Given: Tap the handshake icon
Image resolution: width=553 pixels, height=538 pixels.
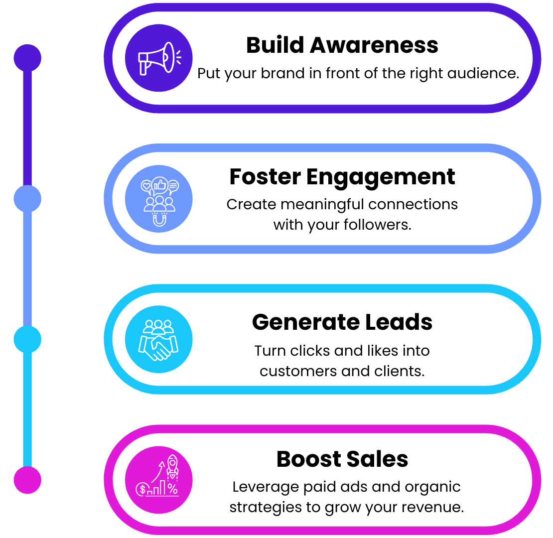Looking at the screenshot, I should point(158,340).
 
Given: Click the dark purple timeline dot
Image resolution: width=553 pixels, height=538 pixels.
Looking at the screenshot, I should point(27,58).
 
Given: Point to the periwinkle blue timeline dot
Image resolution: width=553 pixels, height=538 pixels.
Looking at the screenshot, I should point(27,199).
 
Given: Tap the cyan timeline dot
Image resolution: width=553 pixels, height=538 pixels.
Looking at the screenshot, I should point(27,339).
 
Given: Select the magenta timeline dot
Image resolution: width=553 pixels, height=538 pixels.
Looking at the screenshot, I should point(27,480).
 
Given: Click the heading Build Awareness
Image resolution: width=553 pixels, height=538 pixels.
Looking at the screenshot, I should point(342,45).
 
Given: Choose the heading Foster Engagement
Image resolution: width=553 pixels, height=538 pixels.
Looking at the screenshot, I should point(342,177).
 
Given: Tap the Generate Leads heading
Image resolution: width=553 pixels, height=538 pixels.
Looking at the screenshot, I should point(342,322).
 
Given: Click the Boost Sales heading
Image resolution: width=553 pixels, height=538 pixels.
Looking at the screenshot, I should point(342,459).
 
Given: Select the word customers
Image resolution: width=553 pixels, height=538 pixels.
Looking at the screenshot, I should point(290,371).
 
